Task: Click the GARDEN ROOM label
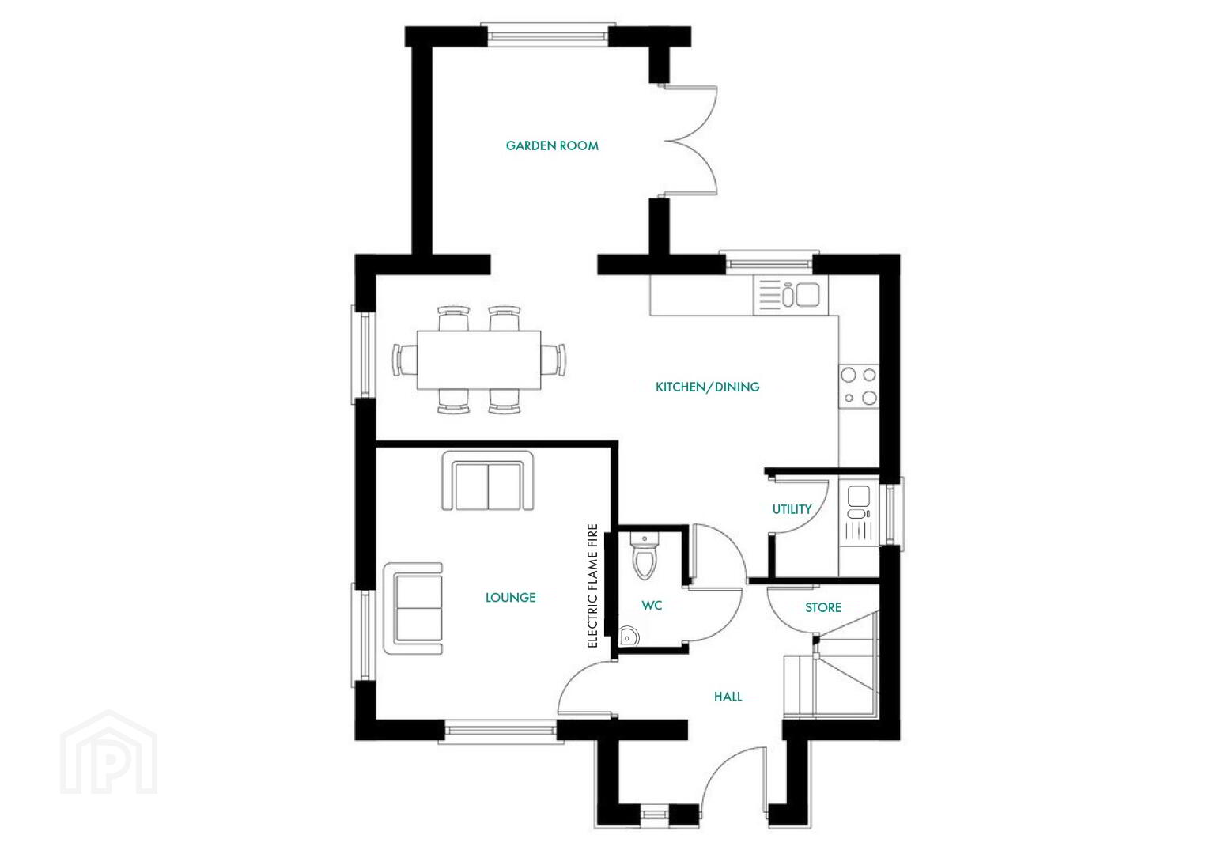(x=552, y=146)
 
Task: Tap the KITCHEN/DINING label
(x=708, y=387)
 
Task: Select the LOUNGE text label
(x=510, y=597)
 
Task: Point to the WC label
(x=652, y=605)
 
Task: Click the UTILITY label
(x=792, y=509)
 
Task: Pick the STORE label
(x=823, y=607)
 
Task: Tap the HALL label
(x=728, y=696)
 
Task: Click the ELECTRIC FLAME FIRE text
(x=592, y=586)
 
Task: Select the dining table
(x=478, y=360)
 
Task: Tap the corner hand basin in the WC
(x=628, y=637)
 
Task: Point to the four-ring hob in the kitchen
(x=859, y=386)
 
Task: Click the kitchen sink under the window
(x=790, y=295)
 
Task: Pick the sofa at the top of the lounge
(x=488, y=481)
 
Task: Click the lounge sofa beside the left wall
(x=413, y=608)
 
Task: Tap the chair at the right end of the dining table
(x=554, y=360)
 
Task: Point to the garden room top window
(x=548, y=36)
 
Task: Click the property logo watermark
(x=109, y=752)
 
